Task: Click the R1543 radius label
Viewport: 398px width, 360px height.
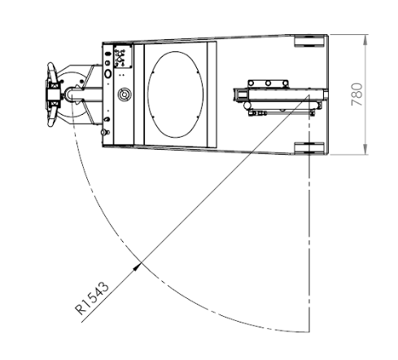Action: coord(92,298)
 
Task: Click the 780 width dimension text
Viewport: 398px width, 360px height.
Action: coord(356,94)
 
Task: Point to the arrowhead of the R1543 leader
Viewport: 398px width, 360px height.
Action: coord(138,266)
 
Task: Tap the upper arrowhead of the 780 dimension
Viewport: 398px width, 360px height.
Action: coord(365,40)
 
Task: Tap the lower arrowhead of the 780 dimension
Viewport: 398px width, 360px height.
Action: coord(365,149)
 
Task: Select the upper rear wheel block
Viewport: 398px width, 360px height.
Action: coord(309,41)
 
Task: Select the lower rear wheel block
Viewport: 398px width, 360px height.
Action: coord(309,148)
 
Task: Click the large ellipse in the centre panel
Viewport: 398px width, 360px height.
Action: coord(175,94)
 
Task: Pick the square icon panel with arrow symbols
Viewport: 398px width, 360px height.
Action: coord(123,56)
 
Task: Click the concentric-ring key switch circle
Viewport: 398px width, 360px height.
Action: coord(125,94)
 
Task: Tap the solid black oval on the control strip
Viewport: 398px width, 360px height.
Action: coord(107,54)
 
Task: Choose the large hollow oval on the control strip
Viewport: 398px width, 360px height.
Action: coord(107,73)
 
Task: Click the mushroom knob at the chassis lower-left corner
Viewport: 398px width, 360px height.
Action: coord(104,132)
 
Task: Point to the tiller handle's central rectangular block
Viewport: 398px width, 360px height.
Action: coord(54,94)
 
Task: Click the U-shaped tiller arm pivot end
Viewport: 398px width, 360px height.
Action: coord(68,94)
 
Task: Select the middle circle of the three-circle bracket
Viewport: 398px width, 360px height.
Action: coord(268,83)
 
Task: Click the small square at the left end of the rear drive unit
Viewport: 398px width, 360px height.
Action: coord(243,94)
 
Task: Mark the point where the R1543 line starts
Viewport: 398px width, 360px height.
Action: coord(308,95)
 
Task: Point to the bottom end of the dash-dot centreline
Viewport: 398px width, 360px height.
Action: coord(308,331)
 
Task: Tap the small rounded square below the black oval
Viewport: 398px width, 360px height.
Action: coord(107,63)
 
